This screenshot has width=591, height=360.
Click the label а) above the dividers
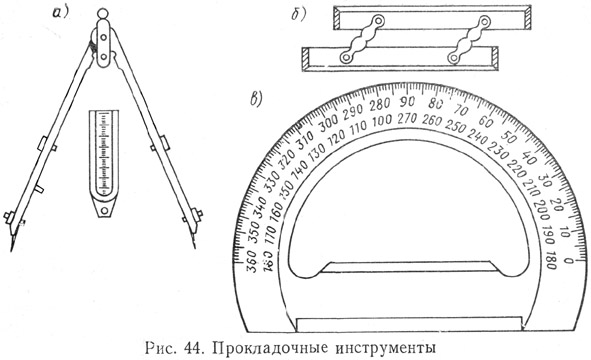click(x=60, y=12)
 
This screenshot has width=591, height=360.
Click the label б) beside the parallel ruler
click(x=299, y=14)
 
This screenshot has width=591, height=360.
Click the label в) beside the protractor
click(x=257, y=98)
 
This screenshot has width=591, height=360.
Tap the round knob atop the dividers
click(x=103, y=14)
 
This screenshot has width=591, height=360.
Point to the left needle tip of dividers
click(x=11, y=250)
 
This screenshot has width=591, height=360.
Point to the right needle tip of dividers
click(x=195, y=247)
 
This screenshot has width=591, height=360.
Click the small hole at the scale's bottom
click(x=104, y=210)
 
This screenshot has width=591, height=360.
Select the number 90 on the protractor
click(x=407, y=102)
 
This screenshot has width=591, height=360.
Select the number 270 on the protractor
click(x=407, y=119)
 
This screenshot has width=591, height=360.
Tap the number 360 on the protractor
click(x=251, y=261)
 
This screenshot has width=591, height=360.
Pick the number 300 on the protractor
click(x=329, y=123)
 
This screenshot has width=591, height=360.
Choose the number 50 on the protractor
click(x=509, y=138)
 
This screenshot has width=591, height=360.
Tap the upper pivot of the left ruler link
click(x=377, y=21)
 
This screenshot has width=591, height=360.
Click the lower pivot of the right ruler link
click(x=454, y=58)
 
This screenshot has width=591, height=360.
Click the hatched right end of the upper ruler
click(x=528, y=20)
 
